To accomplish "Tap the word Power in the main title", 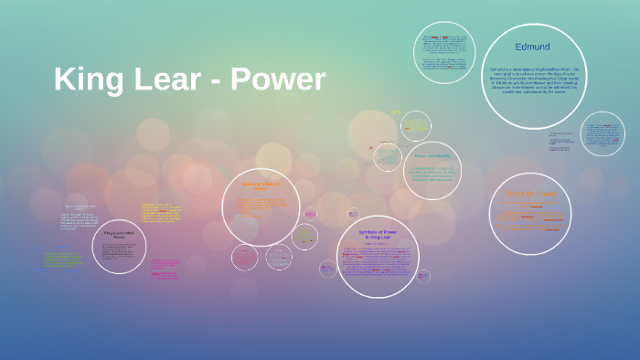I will (277, 79).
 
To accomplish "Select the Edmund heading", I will (532, 46).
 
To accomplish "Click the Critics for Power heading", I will (530, 195).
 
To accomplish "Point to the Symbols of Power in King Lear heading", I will (377, 236).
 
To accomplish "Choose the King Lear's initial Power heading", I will (119, 236).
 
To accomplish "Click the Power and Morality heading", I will (432, 156).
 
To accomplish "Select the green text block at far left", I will (62, 259).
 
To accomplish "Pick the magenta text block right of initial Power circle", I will (165, 269).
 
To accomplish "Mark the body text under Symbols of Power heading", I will (377, 265).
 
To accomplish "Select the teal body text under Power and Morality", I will (432, 175).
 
